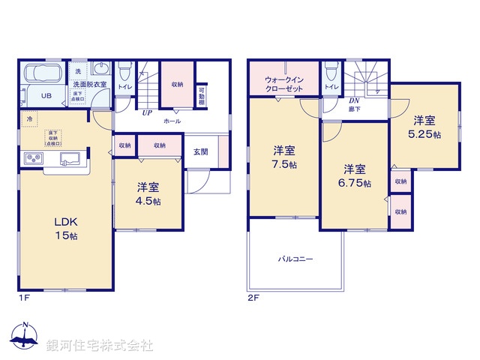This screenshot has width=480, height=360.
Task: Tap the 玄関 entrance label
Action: point(200,151)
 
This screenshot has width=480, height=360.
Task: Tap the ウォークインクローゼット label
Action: point(283,83)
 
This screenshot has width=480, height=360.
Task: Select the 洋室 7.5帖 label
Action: point(284,156)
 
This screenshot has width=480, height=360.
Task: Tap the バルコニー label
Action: point(295,259)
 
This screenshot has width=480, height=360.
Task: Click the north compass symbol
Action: point(26,337)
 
